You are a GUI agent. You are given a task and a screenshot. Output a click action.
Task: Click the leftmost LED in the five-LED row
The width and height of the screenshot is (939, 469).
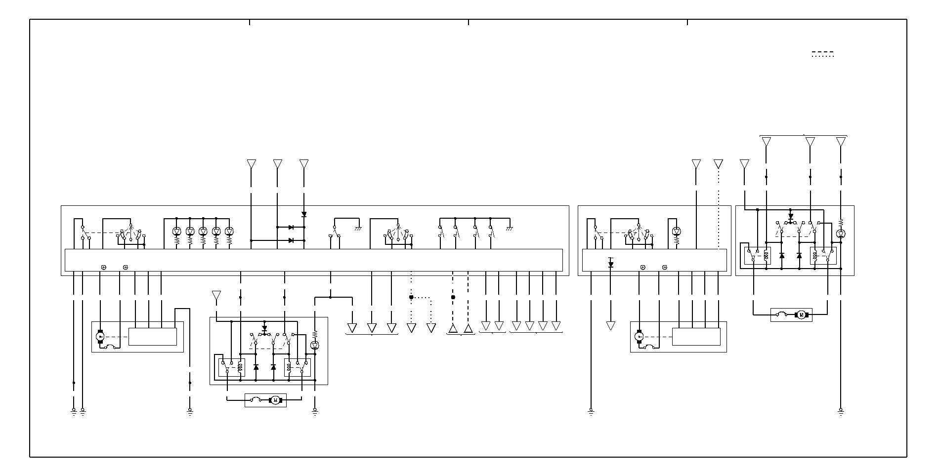[x=177, y=232]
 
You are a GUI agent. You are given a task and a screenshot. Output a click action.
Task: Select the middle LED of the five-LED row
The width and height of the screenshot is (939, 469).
[x=203, y=232]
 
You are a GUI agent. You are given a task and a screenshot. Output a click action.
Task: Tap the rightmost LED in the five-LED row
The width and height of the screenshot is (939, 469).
[x=229, y=232]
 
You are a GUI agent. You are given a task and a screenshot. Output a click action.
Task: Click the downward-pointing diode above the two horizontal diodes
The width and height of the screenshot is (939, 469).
[x=304, y=215]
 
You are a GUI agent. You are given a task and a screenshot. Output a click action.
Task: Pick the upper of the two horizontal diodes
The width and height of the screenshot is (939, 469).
[x=291, y=227]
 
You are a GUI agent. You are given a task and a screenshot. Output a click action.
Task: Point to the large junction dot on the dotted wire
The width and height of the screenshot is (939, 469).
[x=411, y=297]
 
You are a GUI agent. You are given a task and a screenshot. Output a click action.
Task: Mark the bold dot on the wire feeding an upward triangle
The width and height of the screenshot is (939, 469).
[x=453, y=297]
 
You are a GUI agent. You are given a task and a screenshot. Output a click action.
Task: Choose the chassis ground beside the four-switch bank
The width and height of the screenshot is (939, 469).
[x=510, y=228]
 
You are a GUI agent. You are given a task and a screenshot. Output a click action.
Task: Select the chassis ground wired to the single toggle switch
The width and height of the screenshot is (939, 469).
[x=358, y=228]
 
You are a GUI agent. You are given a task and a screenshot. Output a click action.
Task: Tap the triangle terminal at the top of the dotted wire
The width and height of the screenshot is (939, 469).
[x=718, y=164]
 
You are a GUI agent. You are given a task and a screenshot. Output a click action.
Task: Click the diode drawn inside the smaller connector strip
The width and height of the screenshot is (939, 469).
[x=611, y=265]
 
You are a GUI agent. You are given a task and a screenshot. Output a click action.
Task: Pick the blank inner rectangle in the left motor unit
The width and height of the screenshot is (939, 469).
[x=152, y=337]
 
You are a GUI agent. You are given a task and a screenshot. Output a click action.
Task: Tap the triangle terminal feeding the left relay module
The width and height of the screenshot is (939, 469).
[x=216, y=295]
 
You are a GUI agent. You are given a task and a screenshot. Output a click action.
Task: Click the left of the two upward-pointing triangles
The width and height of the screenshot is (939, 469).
[x=453, y=328]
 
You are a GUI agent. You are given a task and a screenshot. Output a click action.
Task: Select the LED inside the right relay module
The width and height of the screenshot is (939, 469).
[x=841, y=234]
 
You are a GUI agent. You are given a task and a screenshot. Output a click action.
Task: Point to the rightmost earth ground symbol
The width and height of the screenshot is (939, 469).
[x=841, y=411]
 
